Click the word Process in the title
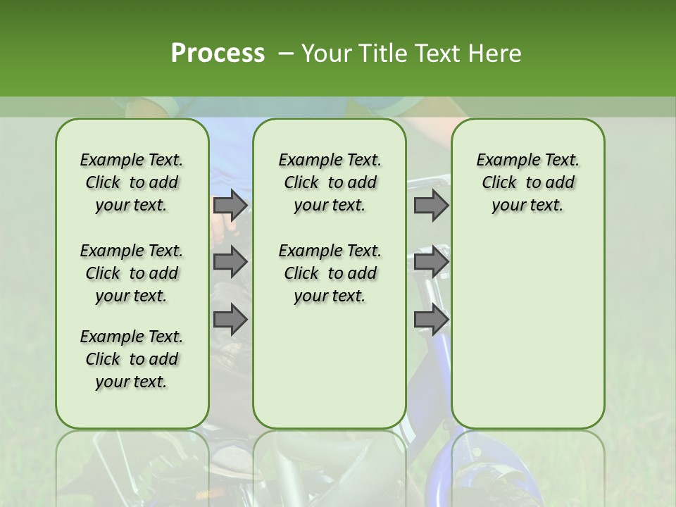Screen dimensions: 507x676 pos(218,53)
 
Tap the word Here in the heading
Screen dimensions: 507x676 pos(496,54)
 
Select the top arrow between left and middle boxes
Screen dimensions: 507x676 pos(230,205)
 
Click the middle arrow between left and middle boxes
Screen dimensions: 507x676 pos(230,262)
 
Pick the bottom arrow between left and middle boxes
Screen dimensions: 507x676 pos(230,319)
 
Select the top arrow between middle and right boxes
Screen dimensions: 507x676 pos(431,205)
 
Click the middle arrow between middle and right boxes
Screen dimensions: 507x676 pos(431,262)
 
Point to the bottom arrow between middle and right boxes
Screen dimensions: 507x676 pos(431,319)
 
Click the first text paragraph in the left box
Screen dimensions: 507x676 pos(132,182)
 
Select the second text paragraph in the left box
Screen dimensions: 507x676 pos(132,273)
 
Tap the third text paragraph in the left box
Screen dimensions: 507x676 pos(132,359)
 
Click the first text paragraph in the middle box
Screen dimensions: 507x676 pos(330,182)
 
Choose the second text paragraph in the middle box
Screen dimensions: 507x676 pos(330,273)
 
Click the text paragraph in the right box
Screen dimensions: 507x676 pos(527,182)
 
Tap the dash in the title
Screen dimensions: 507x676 pos(285,54)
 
